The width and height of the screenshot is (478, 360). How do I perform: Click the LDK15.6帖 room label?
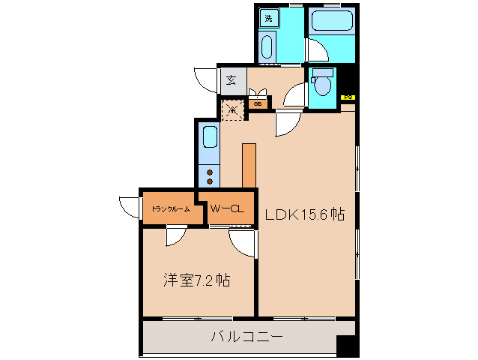(x=304, y=215)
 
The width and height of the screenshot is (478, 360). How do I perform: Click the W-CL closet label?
(x=226, y=209)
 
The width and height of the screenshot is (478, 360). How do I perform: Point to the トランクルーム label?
(x=170, y=209)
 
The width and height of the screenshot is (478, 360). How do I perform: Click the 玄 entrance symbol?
(x=232, y=79)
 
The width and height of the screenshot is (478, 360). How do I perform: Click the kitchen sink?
(x=210, y=139)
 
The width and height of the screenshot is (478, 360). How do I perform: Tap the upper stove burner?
(x=210, y=172)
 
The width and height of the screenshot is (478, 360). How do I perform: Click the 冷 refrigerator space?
(x=232, y=109)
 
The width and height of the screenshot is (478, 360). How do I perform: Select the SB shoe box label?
(x=257, y=104)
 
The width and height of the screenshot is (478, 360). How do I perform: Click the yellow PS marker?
(x=348, y=97)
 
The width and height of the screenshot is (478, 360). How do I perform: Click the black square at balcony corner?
(x=345, y=346)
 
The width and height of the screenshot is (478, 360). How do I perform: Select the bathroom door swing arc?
(x=317, y=50)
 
